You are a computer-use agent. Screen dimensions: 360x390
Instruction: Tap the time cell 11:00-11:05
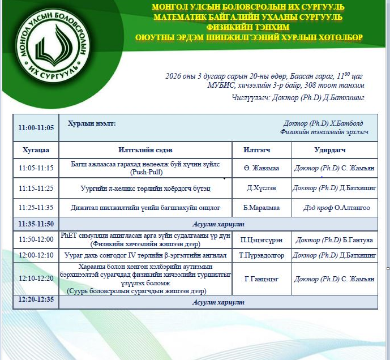(x=36, y=127)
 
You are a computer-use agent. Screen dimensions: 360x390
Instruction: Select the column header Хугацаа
(x=36, y=150)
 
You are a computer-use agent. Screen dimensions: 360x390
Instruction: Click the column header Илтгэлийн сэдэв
(x=145, y=150)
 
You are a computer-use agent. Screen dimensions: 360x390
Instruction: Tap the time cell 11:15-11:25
(x=36, y=188)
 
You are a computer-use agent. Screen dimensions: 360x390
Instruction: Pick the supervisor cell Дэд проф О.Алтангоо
(x=336, y=208)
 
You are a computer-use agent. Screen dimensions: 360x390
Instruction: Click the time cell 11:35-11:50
(x=36, y=224)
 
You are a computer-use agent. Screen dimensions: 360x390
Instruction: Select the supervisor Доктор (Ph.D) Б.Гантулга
(x=335, y=240)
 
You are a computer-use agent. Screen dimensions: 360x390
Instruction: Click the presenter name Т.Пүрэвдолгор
(x=261, y=255)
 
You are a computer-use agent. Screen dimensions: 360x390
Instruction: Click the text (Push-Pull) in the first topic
(x=145, y=172)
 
